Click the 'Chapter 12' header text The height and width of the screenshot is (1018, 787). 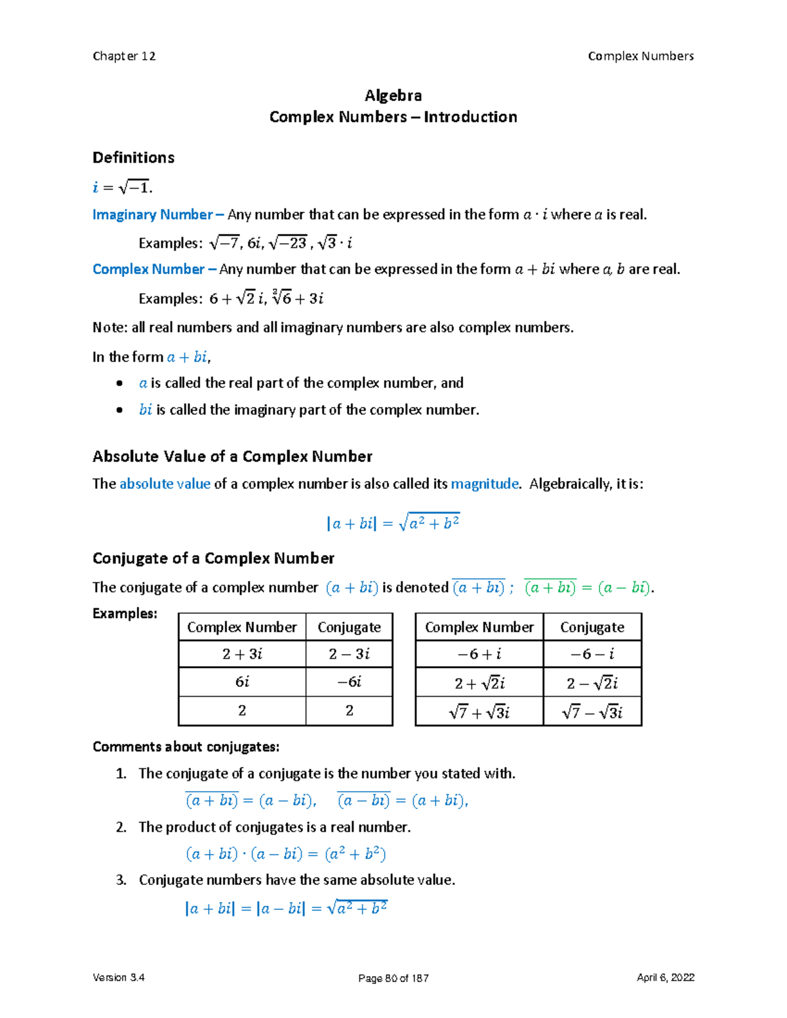pos(124,56)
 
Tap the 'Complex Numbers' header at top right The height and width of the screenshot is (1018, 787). pos(640,56)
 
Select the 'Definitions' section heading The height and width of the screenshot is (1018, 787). pos(133,157)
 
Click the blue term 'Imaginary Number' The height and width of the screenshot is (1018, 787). pos(152,215)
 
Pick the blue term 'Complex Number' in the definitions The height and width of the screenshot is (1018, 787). pos(148,269)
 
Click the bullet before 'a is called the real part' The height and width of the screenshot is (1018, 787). pos(119,383)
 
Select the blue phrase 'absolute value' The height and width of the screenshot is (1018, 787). pos(165,484)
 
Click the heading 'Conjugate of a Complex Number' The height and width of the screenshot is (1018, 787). pos(213,558)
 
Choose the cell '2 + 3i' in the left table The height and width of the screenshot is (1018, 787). pos(242,654)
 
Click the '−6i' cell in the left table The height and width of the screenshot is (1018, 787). pos(349,682)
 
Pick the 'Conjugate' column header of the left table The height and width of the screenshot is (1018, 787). pos(349,627)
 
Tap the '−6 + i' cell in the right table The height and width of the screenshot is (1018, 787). pos(479,654)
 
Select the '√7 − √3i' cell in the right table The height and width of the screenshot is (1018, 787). pos(592,712)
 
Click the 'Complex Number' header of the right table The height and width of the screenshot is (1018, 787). pos(479,627)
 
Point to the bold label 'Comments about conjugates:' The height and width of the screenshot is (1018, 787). pos(186,747)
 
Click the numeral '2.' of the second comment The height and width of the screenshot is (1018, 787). pos(121,827)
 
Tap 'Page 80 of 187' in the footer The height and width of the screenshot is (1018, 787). pos(393,978)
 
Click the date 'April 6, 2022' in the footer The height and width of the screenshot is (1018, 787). pos(665,977)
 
